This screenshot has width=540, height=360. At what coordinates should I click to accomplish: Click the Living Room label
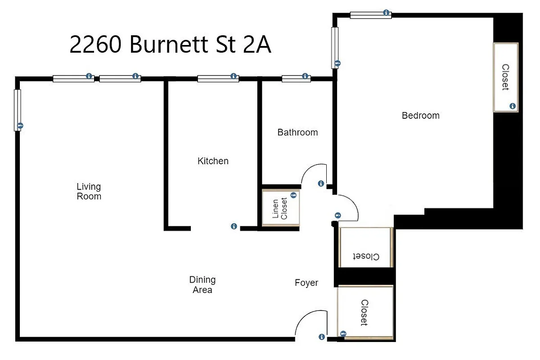(x=89, y=191)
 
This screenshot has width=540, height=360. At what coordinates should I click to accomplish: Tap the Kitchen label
(x=213, y=161)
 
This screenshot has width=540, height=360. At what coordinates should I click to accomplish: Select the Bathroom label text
(x=297, y=132)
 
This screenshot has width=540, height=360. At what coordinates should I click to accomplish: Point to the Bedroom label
(x=420, y=116)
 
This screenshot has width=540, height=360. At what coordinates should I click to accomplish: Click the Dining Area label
(x=202, y=285)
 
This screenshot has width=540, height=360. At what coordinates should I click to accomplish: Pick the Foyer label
(x=306, y=283)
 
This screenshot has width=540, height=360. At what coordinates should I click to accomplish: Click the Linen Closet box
(x=281, y=208)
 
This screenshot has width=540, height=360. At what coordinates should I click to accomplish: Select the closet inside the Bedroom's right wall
(x=505, y=77)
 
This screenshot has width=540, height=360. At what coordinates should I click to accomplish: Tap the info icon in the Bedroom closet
(x=512, y=106)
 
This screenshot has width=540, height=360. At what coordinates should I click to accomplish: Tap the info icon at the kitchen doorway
(x=234, y=226)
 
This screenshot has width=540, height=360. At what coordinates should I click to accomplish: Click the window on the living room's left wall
(x=18, y=110)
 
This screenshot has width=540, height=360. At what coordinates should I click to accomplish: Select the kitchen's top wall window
(x=218, y=79)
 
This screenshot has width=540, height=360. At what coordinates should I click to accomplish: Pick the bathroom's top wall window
(x=296, y=79)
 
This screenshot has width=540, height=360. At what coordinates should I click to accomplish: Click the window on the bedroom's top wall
(x=370, y=15)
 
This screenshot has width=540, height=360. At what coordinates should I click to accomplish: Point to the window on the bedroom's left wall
(x=335, y=48)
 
